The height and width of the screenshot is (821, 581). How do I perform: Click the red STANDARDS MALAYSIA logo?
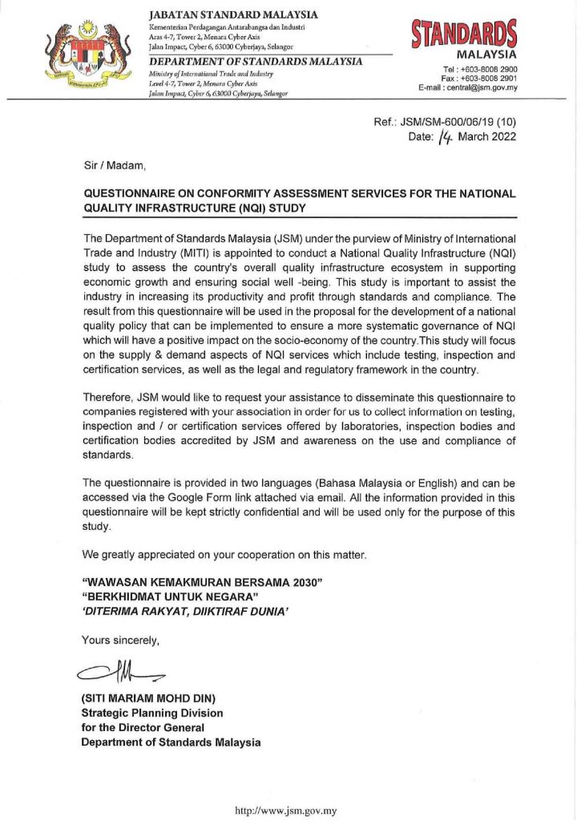click(x=464, y=39)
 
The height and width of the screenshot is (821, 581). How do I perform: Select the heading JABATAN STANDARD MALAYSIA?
click(x=233, y=14)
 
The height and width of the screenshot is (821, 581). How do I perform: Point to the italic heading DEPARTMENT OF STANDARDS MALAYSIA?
click(x=256, y=62)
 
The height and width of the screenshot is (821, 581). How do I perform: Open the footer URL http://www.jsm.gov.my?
click(x=285, y=811)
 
